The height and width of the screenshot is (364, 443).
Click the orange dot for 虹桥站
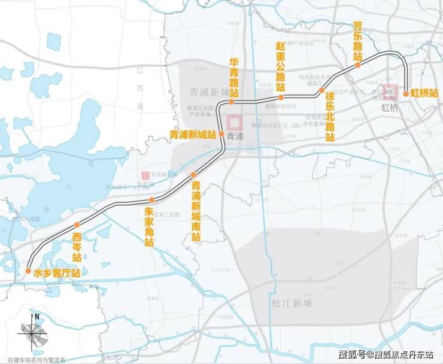[x=406, y=93]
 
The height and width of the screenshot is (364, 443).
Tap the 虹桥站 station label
[x=424, y=93]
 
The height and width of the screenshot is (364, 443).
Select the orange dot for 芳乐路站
[x=358, y=65]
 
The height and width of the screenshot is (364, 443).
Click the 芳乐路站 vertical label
[x=358, y=41]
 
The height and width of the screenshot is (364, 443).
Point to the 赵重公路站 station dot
[x=280, y=96]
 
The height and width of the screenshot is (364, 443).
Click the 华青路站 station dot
[x=232, y=102]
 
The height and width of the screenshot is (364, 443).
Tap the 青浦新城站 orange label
[x=193, y=135]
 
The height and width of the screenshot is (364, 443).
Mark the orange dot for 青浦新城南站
[x=193, y=175]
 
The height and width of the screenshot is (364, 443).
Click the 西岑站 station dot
[x=76, y=225]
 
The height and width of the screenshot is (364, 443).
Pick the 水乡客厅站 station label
[x=57, y=273]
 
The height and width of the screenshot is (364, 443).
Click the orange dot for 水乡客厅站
[x=28, y=271]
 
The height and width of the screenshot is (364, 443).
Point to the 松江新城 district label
[x=292, y=303]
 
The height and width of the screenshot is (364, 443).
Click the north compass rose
[x=31, y=334]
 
